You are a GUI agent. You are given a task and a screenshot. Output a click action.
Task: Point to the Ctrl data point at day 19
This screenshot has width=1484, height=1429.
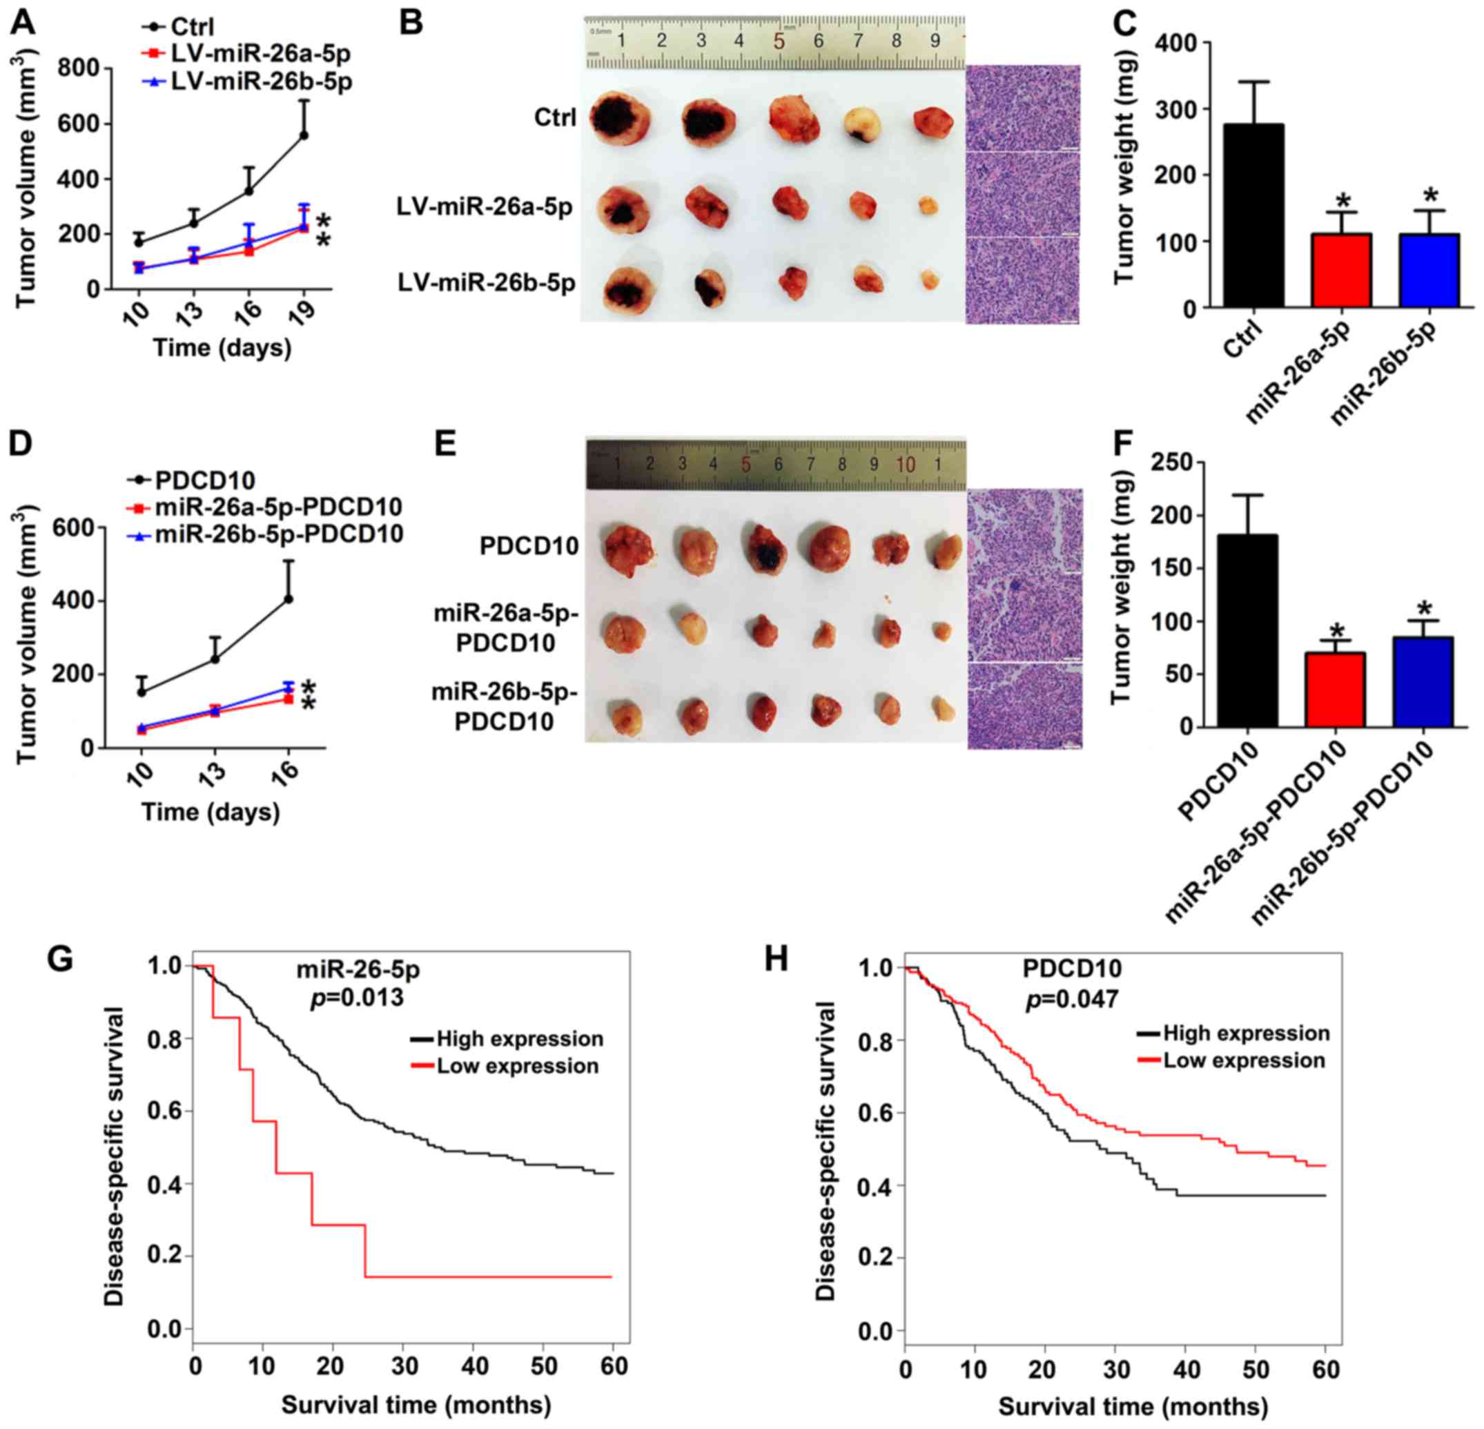click(x=304, y=135)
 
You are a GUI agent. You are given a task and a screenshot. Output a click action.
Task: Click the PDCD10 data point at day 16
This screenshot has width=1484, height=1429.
click(x=288, y=599)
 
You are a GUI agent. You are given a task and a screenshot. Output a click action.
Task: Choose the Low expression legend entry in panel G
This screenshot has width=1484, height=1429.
click(x=517, y=1067)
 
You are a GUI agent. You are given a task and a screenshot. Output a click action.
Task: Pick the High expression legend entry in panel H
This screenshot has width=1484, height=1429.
click(x=1245, y=1033)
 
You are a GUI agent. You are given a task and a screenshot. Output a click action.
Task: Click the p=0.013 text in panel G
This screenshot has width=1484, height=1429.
click(x=358, y=998)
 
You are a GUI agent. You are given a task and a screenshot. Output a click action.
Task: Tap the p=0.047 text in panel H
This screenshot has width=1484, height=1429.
click(x=1072, y=1000)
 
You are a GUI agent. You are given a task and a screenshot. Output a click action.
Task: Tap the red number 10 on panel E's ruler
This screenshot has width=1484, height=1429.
click(x=906, y=464)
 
